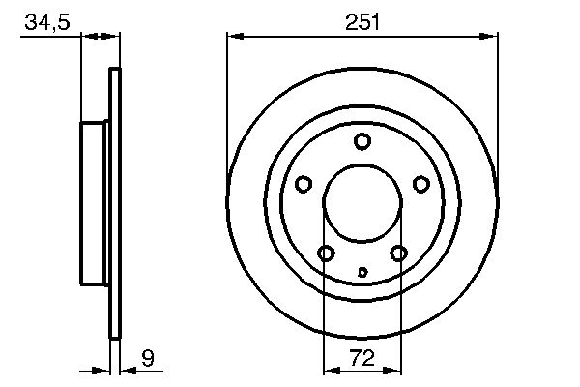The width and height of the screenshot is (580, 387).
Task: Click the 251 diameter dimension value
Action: (x=362, y=21)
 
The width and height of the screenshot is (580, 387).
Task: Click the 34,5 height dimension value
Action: (x=47, y=21)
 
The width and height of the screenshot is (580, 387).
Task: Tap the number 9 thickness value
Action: (x=148, y=358)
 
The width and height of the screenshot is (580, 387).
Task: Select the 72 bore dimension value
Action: (x=362, y=358)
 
